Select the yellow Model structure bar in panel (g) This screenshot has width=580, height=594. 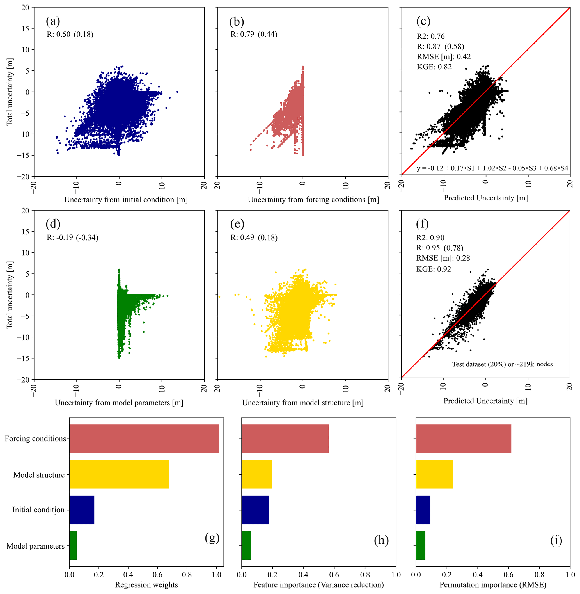click(119, 474)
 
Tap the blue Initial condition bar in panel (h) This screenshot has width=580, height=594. click(255, 510)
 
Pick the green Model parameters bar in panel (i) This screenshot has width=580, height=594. click(420, 545)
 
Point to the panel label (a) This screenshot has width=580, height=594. click(53, 21)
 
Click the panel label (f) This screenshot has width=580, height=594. click(422, 224)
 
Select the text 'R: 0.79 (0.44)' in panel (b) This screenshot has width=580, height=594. click(254, 34)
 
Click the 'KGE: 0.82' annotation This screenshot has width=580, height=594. click(434, 67)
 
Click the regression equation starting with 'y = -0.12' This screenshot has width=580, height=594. click(492, 168)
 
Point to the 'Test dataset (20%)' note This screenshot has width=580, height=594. click(502, 364)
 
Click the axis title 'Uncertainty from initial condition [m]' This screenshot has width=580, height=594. click(126, 200)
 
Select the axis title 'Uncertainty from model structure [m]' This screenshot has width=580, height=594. click(302, 403)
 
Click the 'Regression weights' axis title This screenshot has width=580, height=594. click(146, 584)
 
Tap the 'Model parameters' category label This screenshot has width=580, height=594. click(35, 546)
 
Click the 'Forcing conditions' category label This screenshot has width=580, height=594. click(35, 438)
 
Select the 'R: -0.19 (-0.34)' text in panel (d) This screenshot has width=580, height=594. click(72, 237)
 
